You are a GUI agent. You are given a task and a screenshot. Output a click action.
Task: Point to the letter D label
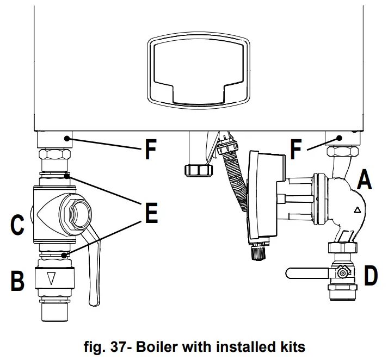[x=371, y=276]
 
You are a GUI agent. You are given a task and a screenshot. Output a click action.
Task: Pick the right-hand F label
[x=297, y=150]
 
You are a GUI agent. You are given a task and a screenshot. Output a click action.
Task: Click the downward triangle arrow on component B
[x=52, y=279]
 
